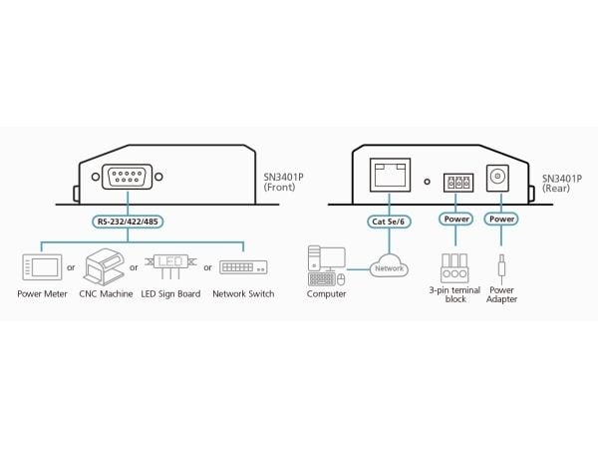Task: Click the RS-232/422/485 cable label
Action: point(128,222)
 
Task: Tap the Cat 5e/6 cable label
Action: point(389,222)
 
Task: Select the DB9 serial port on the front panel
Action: point(127,177)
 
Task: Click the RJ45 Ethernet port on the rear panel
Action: point(390,175)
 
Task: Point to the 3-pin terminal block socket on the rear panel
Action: point(458,183)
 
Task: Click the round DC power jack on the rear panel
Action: point(497,178)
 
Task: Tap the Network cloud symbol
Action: point(389,266)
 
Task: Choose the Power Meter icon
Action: point(42,267)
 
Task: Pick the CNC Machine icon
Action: point(104,266)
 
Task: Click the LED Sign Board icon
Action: point(170,265)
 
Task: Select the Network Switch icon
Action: point(243,267)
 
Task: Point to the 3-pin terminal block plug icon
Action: point(454,268)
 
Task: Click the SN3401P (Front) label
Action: point(283,183)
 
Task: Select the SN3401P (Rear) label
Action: point(562,184)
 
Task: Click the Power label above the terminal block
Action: point(456,219)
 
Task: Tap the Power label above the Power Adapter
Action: point(501,219)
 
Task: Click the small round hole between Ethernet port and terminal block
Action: point(428,182)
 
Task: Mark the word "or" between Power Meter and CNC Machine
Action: point(71,267)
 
